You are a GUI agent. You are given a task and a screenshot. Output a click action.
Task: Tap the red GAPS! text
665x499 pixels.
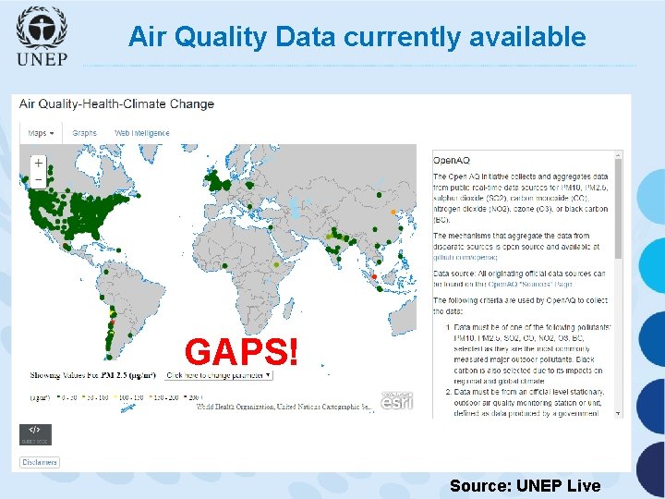tap(242, 351)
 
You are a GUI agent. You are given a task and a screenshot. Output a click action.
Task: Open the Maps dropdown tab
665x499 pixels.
tap(41, 133)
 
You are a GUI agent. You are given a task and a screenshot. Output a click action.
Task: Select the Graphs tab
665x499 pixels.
tap(84, 133)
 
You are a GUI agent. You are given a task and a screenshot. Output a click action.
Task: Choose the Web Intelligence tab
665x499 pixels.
tap(142, 133)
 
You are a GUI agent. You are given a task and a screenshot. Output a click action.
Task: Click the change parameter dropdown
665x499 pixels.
tap(218, 375)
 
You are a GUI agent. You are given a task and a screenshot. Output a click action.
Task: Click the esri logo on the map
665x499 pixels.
tap(397, 400)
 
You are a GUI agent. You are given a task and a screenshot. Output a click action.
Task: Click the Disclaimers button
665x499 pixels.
tap(40, 462)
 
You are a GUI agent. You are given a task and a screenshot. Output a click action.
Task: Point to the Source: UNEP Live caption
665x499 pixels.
tap(525, 486)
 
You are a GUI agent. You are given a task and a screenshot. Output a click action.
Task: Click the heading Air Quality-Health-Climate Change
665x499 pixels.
tap(116, 103)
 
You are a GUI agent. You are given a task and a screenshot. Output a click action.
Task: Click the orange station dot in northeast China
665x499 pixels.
tap(393, 212)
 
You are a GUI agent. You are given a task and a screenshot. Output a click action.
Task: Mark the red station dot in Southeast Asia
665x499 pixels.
tap(373, 275)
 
